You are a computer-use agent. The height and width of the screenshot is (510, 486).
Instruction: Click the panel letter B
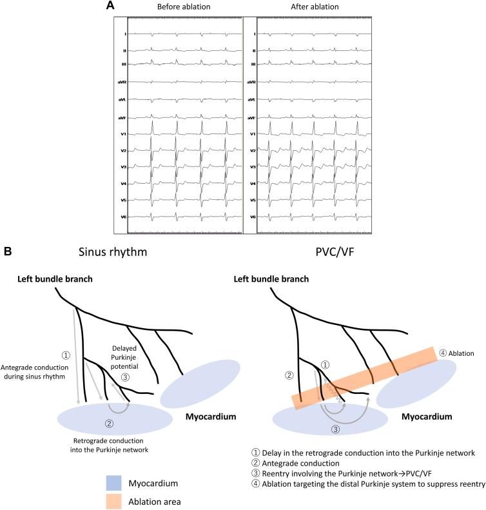[x=8, y=247]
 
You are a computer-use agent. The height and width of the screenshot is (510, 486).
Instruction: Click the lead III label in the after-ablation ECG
[x=253, y=64]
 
